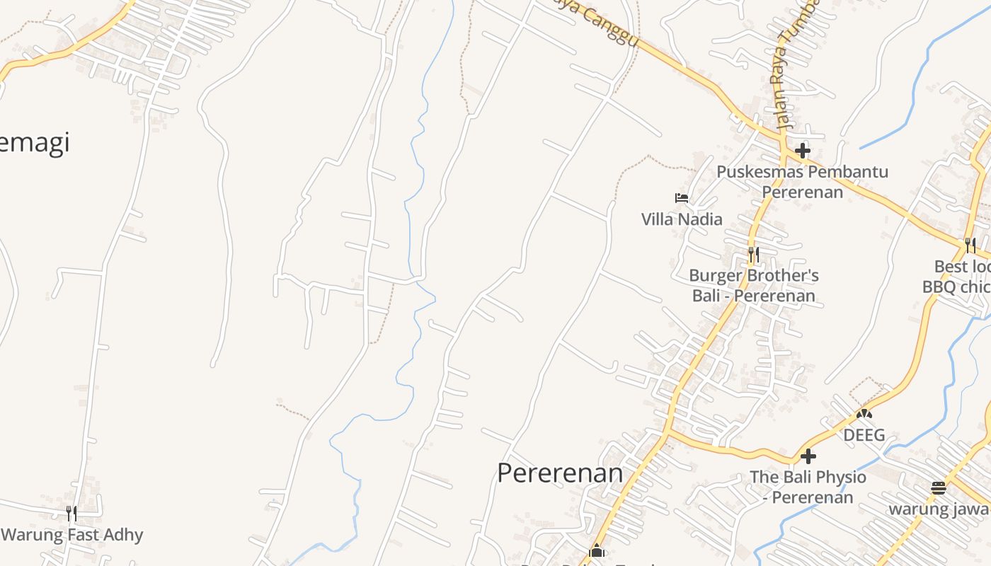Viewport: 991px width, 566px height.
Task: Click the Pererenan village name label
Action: (560, 473)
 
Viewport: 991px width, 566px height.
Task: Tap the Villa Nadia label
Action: (682, 219)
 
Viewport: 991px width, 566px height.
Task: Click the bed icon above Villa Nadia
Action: (682, 198)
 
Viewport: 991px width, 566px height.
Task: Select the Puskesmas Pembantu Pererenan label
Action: (802, 182)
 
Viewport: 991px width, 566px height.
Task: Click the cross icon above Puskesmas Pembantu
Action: (802, 150)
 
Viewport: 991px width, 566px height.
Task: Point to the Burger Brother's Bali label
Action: (754, 285)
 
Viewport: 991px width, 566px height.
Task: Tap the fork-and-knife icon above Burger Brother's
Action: (754, 254)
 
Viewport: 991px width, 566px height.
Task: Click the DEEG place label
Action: (864, 434)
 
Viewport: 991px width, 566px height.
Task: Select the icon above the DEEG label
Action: (864, 414)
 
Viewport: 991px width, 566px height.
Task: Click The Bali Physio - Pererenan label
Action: (808, 487)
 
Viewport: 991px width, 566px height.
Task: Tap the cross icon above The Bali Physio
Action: (808, 456)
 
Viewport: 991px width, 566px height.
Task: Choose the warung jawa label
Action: (939, 509)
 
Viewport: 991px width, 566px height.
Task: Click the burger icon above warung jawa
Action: (939, 487)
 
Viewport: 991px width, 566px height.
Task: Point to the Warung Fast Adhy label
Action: (72, 535)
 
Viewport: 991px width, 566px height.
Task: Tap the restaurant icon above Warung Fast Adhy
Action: (71, 513)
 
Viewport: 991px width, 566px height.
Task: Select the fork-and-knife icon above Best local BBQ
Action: (970, 245)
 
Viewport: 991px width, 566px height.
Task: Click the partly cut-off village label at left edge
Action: (34, 143)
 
